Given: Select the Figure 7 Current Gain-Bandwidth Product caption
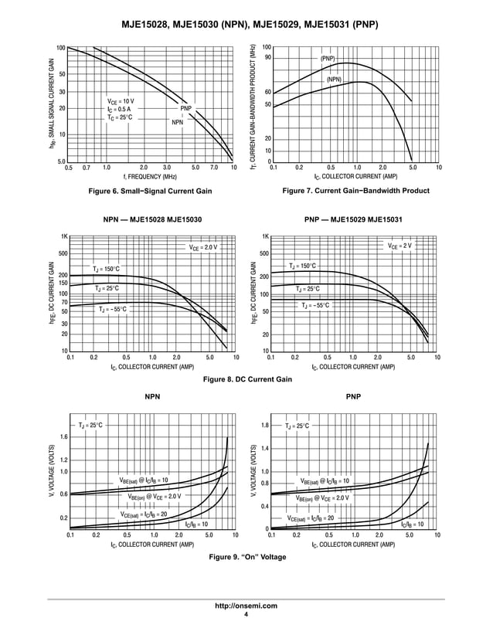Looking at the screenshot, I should tap(355, 191).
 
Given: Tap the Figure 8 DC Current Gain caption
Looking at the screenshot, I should tap(246, 379).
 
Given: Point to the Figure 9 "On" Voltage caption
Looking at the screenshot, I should tap(246, 557).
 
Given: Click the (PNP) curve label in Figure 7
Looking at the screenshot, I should tap(328, 59).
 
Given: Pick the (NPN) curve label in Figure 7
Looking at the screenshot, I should tap(333, 80).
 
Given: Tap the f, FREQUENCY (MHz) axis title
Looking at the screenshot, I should tap(150, 177).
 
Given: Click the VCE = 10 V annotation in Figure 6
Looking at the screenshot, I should tap(121, 101).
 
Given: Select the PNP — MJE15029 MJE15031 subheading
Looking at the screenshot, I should tap(355, 220).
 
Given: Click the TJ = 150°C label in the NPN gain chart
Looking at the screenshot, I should tap(106, 269).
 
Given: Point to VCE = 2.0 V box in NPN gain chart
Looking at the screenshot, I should tap(203, 247).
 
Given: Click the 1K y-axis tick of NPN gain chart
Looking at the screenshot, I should tap(65, 237).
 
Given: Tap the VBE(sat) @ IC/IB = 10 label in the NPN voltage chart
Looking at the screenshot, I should tap(143, 480).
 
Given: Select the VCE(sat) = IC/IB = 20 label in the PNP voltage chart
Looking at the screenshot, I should tap(311, 518).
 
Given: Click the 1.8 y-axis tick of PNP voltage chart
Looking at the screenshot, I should tap(263, 426).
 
